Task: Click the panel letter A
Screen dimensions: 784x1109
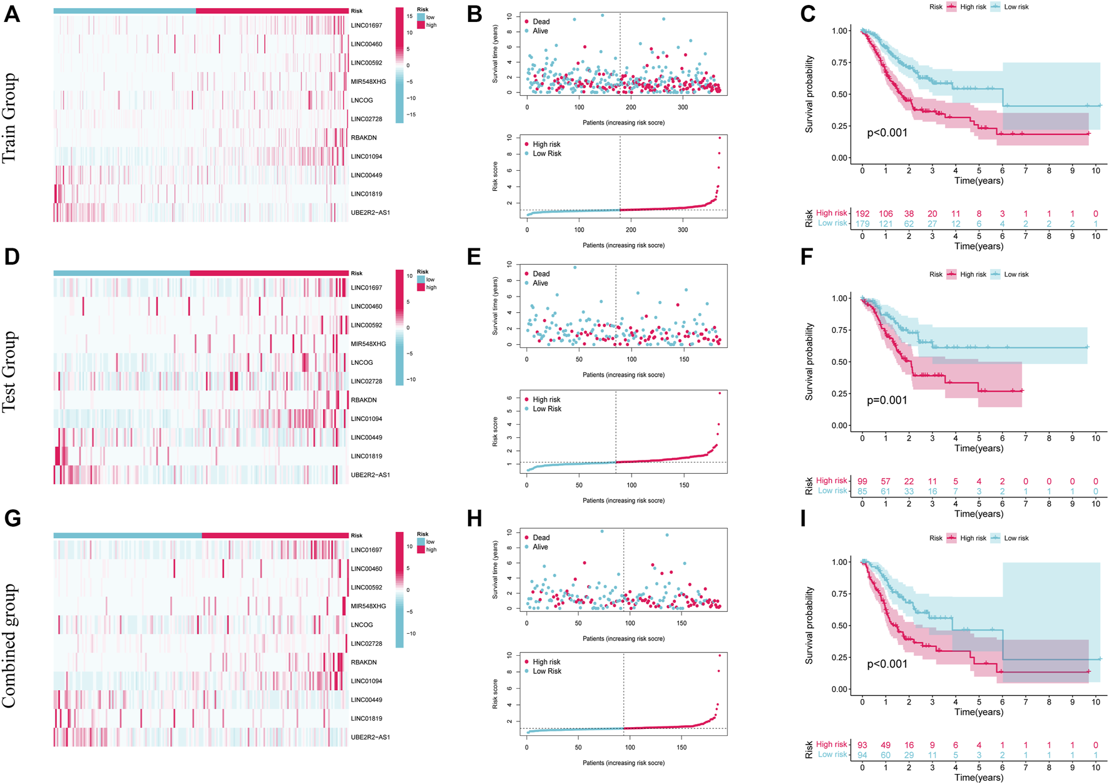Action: (x=12, y=14)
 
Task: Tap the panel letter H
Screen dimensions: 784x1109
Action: (x=475, y=519)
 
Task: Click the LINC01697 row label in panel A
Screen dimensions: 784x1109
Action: (x=366, y=26)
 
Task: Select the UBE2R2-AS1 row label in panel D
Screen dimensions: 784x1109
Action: (x=370, y=475)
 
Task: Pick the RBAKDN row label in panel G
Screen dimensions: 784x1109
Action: (x=364, y=662)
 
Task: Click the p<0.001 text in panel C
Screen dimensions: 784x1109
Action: (x=887, y=133)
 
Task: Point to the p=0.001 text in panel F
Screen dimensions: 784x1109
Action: (x=887, y=400)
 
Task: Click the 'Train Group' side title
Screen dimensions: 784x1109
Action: (x=9, y=118)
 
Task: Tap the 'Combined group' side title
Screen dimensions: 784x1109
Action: (x=9, y=646)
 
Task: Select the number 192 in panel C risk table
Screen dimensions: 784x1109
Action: (x=862, y=214)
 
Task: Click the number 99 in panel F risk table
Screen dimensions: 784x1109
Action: (x=862, y=481)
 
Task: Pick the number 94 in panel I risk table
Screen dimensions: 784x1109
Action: (x=862, y=755)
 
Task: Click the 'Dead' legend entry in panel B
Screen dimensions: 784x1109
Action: (x=541, y=22)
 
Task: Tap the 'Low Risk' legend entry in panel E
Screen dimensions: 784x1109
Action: (x=546, y=409)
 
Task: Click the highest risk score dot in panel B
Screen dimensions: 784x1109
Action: (x=720, y=138)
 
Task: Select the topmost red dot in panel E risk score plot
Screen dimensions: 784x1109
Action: (x=720, y=393)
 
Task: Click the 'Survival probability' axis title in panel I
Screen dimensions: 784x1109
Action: (x=809, y=625)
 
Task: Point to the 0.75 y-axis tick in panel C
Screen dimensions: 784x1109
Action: (x=841, y=63)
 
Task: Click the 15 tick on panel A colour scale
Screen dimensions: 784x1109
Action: (x=409, y=16)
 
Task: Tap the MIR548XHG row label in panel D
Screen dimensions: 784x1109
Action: (x=368, y=344)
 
